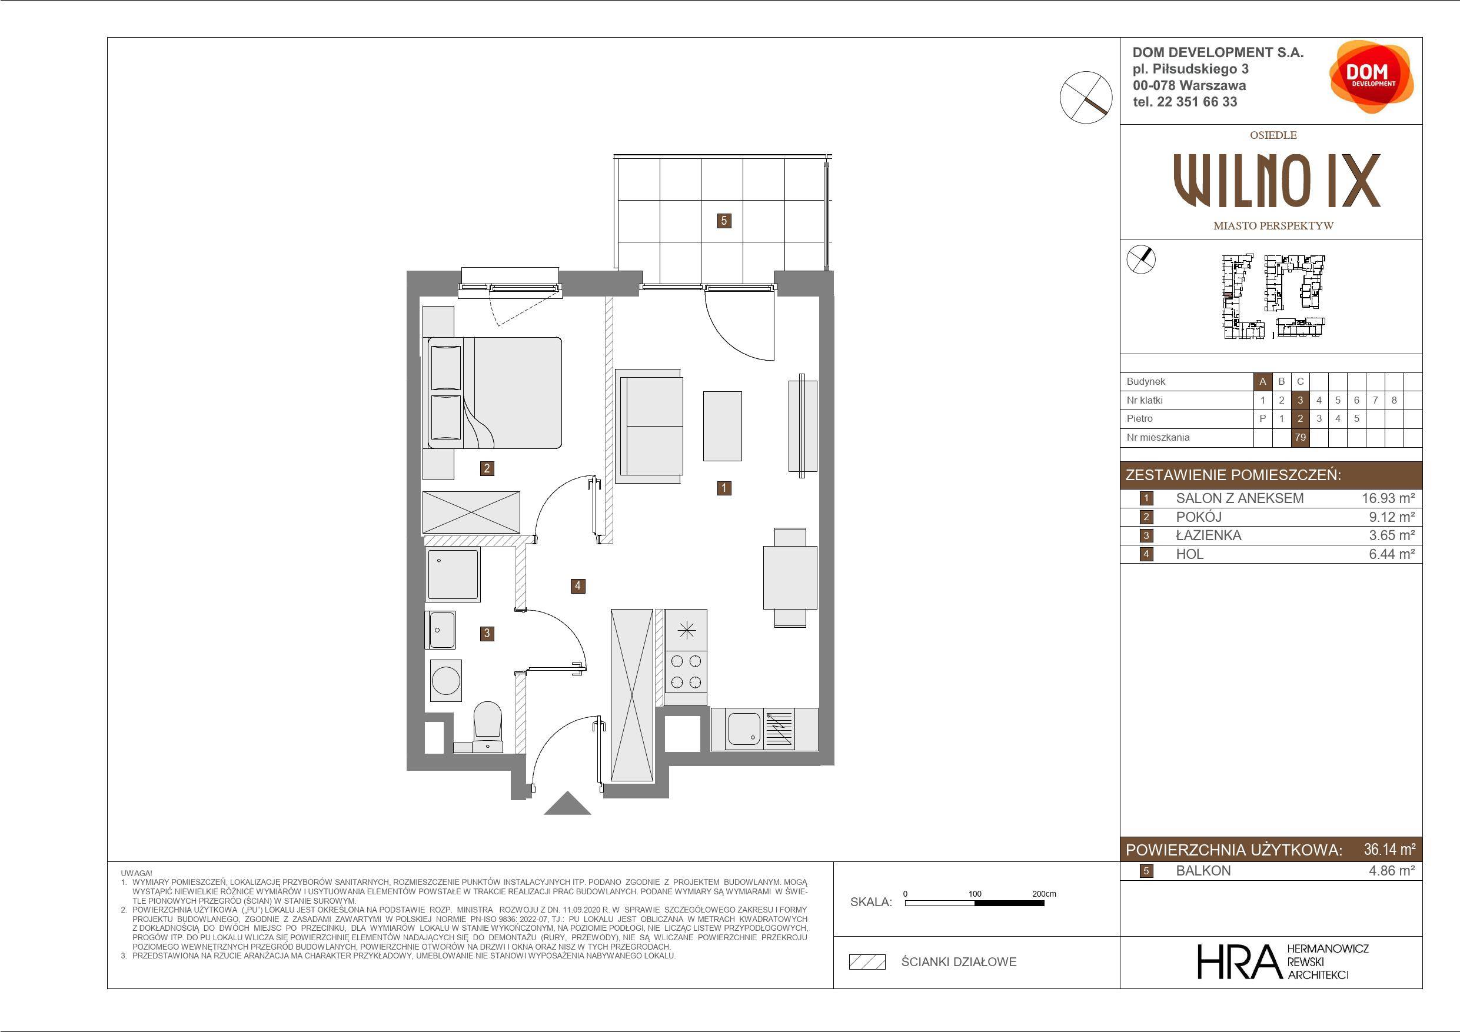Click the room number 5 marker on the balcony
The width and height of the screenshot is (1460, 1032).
724,221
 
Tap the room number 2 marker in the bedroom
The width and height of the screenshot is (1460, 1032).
487,468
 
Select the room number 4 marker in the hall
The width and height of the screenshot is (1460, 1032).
578,585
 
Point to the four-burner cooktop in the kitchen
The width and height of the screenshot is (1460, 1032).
686,672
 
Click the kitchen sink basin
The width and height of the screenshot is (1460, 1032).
744,728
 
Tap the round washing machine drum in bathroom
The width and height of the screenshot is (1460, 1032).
445,680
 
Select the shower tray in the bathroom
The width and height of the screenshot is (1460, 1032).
453,574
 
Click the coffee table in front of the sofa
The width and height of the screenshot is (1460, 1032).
723,426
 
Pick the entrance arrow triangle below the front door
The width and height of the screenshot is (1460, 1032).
568,804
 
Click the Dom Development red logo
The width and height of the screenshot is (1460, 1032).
1371,77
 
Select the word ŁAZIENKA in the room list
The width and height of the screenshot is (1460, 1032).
1208,535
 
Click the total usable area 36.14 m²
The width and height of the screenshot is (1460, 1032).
1389,850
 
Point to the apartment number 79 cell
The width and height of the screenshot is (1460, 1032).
1300,438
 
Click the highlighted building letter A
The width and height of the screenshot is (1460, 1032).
1263,381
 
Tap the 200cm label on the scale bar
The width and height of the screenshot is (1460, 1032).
1044,893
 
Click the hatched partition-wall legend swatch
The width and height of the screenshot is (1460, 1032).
867,962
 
